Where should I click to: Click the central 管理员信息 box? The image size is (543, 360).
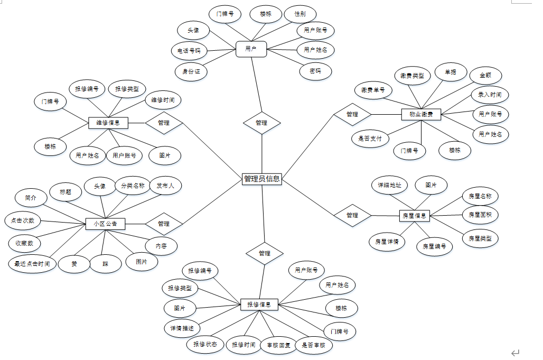tap(262, 179)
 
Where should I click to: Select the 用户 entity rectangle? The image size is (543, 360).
tap(251, 49)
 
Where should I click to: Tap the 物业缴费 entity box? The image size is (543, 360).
tap(421, 114)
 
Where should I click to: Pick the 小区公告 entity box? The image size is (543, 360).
tap(106, 224)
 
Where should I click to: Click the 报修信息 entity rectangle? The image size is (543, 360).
tap(259, 304)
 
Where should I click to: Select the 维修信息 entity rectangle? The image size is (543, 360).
tap(108, 123)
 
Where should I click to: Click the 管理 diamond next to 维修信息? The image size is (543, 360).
tap(164, 123)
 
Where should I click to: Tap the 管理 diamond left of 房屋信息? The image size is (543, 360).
tap(352, 216)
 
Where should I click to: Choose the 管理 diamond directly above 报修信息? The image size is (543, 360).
tap(265, 253)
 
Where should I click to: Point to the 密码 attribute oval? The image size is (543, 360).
tap(315, 71)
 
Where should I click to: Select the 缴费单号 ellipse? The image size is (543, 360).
tap(373, 90)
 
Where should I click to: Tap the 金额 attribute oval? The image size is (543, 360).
tap(485, 76)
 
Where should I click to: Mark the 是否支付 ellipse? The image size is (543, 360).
tap(370, 139)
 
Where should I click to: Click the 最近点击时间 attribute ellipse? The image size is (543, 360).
tap(32, 263)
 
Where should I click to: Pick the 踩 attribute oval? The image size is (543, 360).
tap(106, 263)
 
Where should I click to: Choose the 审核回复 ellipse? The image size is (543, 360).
tap(278, 345)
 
